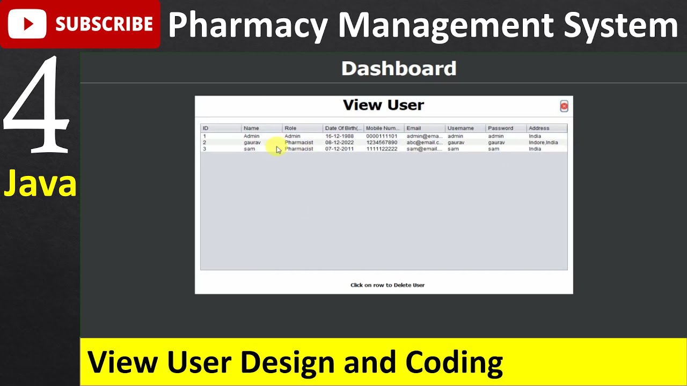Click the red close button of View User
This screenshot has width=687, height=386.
click(x=564, y=106)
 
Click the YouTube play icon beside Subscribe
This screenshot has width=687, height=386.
click(x=27, y=24)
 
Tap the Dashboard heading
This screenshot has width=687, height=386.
click(x=399, y=69)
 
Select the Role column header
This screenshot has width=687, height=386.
click(x=290, y=128)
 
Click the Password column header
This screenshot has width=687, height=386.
click(x=500, y=128)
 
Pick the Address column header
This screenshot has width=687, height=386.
click(x=539, y=128)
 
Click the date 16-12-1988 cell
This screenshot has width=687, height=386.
click(x=339, y=136)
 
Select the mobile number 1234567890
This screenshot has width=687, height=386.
click(x=382, y=143)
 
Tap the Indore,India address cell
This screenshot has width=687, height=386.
click(x=543, y=143)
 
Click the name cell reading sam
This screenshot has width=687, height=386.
click(x=250, y=149)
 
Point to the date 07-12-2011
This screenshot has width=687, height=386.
click(x=339, y=149)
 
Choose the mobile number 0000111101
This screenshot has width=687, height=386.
click(x=382, y=136)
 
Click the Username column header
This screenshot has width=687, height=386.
click(x=461, y=128)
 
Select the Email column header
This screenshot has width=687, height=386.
click(x=413, y=128)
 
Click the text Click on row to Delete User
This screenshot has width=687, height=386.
click(x=388, y=285)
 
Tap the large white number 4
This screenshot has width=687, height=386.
click(x=36, y=105)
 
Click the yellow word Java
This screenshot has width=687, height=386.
click(x=40, y=184)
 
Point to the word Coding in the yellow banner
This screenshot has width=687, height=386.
click(x=454, y=362)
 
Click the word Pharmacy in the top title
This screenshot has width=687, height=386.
click(x=247, y=25)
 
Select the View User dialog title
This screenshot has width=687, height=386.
click(x=383, y=105)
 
